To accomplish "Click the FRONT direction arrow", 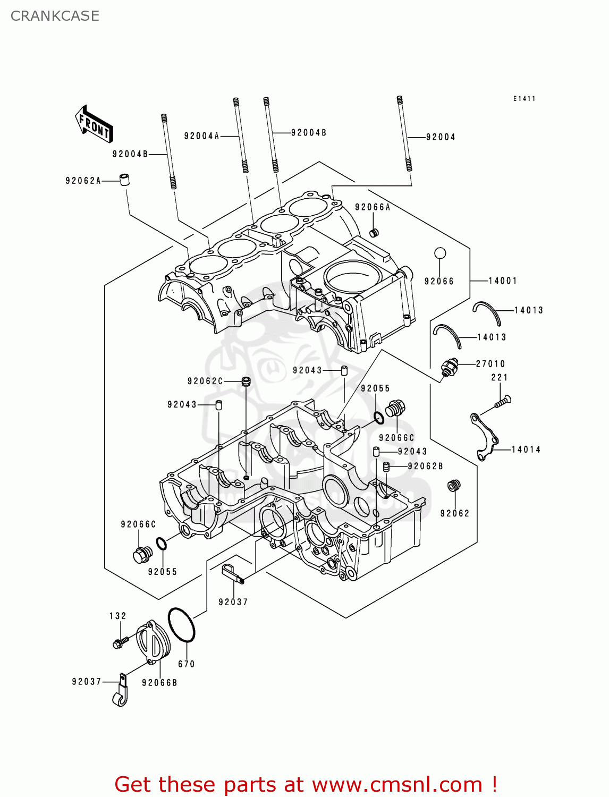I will point(94,124).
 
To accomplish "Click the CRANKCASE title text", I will point(55,16).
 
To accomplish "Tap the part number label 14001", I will point(503,281).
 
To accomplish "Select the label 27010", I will point(490,364).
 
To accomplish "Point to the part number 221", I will point(500,377).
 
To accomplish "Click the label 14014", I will point(526,450).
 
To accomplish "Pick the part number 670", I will point(187,664).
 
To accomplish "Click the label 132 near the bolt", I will point(118,616).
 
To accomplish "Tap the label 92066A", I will point(373,207).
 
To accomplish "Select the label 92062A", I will point(83,181).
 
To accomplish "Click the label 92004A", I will point(202,136).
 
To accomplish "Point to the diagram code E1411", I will point(525,98).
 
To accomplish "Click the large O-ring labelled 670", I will point(181,625).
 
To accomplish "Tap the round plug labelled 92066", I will point(440,253).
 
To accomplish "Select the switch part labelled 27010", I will point(449,368).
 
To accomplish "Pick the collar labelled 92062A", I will point(124,179).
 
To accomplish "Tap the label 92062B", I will point(426,466).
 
